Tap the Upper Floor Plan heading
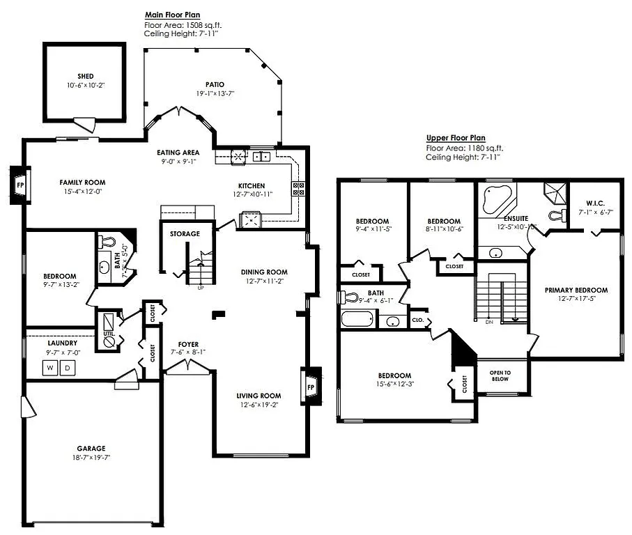click(x=456, y=138)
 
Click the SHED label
click(x=86, y=77)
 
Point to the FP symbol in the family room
click(x=20, y=186)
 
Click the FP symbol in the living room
click(x=311, y=387)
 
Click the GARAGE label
click(x=91, y=449)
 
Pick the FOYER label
click(x=188, y=345)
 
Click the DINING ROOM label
click(x=264, y=272)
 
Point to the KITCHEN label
click(x=252, y=185)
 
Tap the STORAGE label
click(x=185, y=233)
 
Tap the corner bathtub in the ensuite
click(x=496, y=199)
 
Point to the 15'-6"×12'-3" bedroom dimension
click(x=394, y=385)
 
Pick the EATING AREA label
click(x=178, y=153)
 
